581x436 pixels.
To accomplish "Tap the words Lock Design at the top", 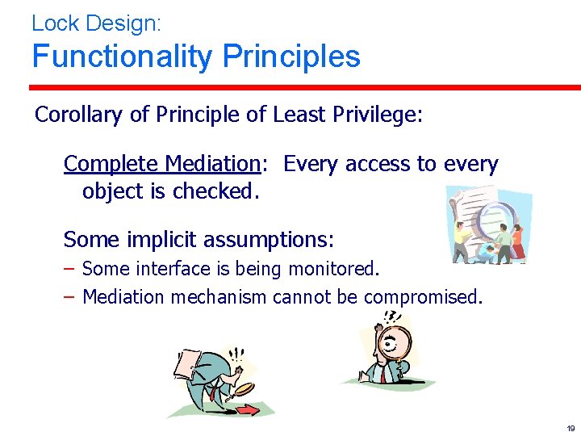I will coord(96,23).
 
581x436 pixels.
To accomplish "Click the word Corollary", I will coord(79,115).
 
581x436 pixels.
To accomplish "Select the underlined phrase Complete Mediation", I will coord(161,164).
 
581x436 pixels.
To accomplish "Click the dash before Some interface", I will coord(70,267).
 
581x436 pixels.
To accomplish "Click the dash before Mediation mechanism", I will coord(70,297).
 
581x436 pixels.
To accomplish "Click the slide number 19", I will coord(571,428).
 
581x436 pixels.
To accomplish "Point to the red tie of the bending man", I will coord(211,394).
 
